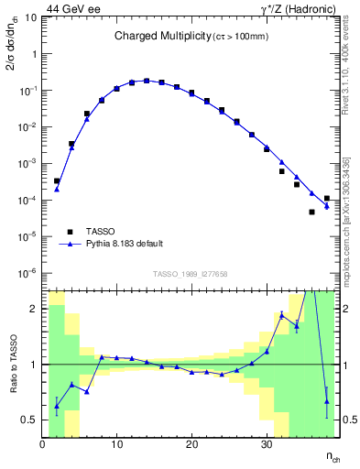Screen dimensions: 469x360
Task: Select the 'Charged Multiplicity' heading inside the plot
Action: coord(164,36)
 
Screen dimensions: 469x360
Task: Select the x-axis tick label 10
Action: coord(116,445)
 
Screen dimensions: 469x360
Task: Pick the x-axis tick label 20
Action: coord(191,445)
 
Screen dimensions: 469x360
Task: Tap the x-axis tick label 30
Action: coord(266,445)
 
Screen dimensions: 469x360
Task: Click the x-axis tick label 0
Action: coord(42,445)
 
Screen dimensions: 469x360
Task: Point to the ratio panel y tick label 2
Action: coord(34,309)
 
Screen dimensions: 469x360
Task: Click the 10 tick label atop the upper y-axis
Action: coord(31,17)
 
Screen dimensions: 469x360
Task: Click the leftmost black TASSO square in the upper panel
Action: coord(57,181)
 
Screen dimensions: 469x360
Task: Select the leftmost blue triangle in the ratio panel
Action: coord(57,406)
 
